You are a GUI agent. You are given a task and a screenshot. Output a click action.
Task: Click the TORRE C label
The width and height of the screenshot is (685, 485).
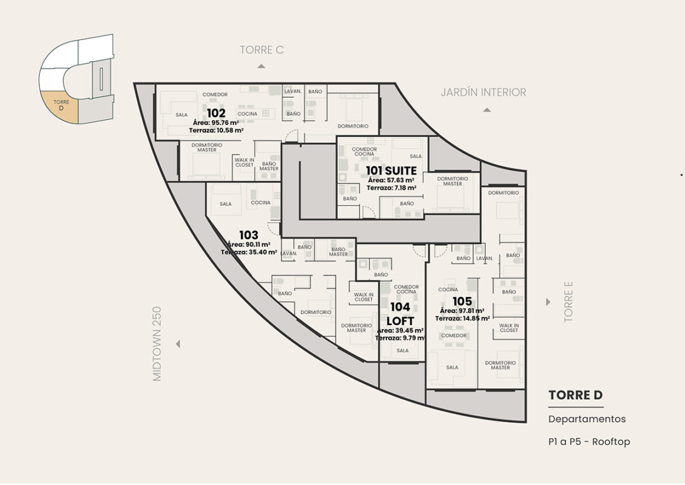tap(262, 50)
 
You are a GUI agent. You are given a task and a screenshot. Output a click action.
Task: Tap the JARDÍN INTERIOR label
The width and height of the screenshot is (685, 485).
tap(483, 92)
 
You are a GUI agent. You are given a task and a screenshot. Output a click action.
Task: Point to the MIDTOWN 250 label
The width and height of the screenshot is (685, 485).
tap(157, 343)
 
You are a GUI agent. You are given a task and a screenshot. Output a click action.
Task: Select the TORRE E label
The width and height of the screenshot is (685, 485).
tap(568, 302)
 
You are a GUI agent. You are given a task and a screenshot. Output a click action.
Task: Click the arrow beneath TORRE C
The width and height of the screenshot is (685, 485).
tap(261, 66)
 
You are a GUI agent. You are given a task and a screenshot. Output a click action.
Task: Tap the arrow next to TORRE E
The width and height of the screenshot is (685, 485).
tap(548, 302)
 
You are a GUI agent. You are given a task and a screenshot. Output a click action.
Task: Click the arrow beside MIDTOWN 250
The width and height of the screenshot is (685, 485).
tap(178, 344)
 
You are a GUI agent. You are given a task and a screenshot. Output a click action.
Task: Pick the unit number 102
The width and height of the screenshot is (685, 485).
tap(216, 113)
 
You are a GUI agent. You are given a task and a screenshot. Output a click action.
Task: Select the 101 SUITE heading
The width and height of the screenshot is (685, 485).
tap(391, 171)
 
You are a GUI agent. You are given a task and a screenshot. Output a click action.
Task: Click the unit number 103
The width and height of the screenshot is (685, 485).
tap(249, 235)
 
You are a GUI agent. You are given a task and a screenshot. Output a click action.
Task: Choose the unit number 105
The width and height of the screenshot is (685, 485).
tap(462, 302)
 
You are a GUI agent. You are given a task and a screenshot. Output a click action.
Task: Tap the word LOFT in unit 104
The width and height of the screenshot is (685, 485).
tap(400, 321)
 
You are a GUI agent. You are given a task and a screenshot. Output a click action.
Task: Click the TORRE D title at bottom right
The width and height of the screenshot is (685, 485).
tap(575, 395)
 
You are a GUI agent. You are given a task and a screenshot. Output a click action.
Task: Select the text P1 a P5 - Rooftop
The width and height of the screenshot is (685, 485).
tap(589, 442)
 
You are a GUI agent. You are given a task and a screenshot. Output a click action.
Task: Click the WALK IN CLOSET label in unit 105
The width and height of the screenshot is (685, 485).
tap(509, 328)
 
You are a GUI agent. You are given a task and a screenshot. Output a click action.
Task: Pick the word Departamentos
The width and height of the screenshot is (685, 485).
tap(587, 419)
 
